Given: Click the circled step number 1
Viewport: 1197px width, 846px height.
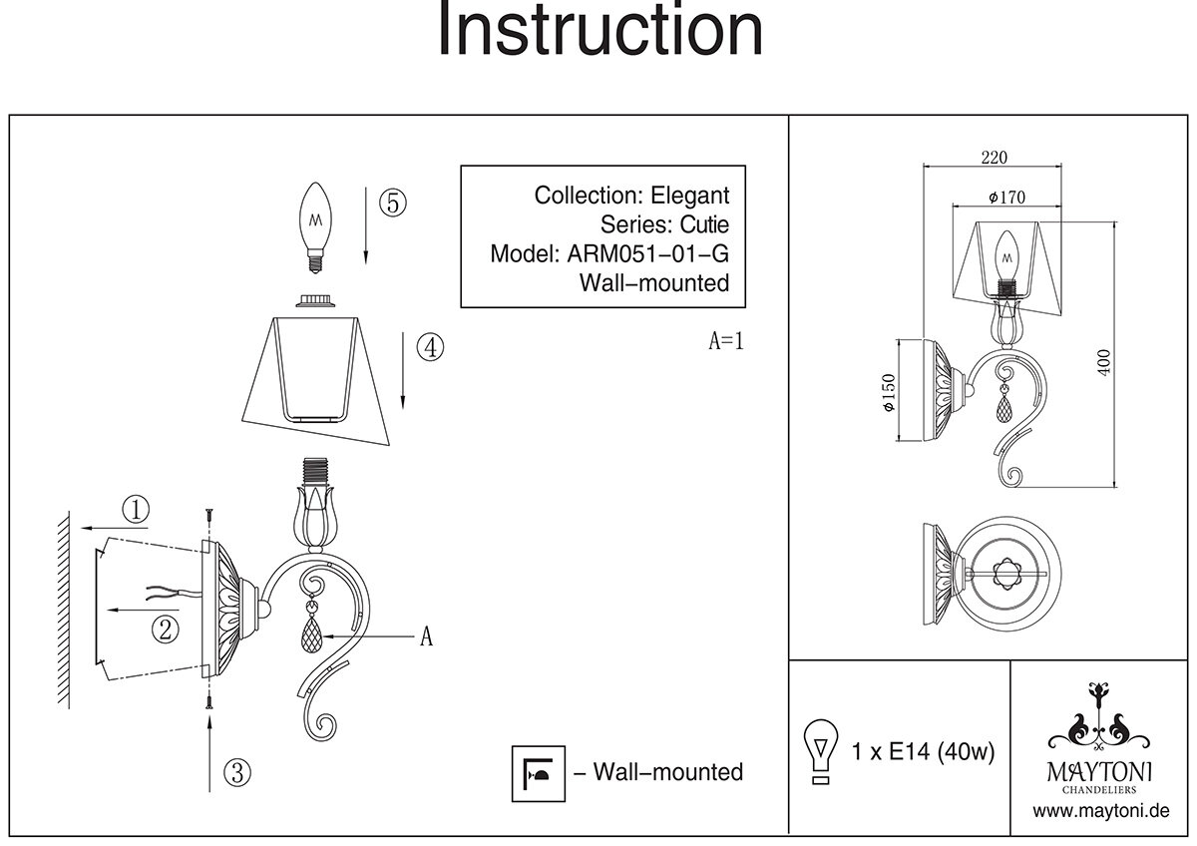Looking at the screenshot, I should click(136, 510).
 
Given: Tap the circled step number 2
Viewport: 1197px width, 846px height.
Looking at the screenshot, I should click(166, 629).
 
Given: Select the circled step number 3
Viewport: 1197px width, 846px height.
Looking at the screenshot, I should click(236, 771).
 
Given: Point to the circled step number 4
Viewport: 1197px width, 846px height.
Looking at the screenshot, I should click(430, 348).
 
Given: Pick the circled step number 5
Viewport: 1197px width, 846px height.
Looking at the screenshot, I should click(391, 203).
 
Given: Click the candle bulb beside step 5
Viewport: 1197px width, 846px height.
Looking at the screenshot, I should click(317, 225).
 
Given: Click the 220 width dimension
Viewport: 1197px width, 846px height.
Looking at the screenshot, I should click(995, 157).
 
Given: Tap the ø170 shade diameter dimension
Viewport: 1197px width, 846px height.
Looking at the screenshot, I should click(1007, 197).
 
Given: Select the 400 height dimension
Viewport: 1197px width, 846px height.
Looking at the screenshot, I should click(1102, 362).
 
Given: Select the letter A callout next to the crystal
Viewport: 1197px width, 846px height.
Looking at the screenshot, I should click(426, 637).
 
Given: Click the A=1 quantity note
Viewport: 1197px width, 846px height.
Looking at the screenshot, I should click(726, 341).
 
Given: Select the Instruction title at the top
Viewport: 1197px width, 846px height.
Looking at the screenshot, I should click(600, 31).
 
